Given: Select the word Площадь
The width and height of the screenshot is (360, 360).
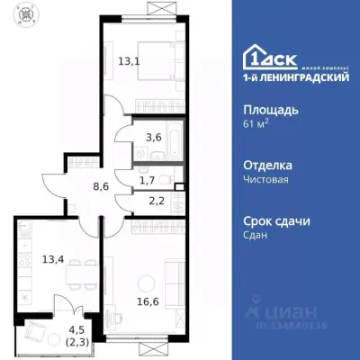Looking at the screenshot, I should pos(272,110).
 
